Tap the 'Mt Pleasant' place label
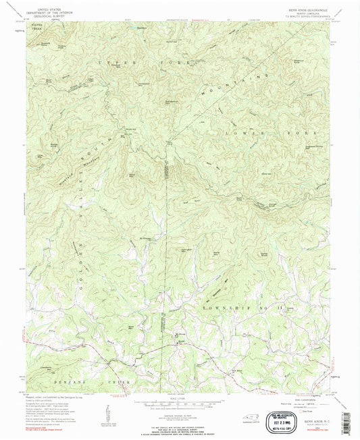145,238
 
